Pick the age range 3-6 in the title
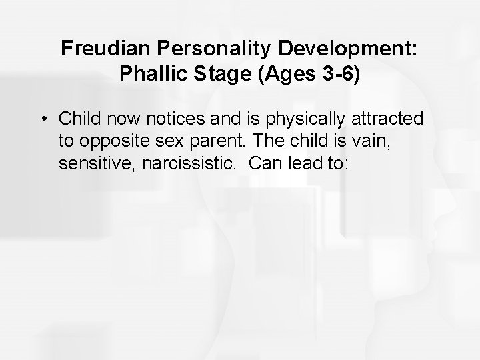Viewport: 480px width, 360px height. tap(337, 73)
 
